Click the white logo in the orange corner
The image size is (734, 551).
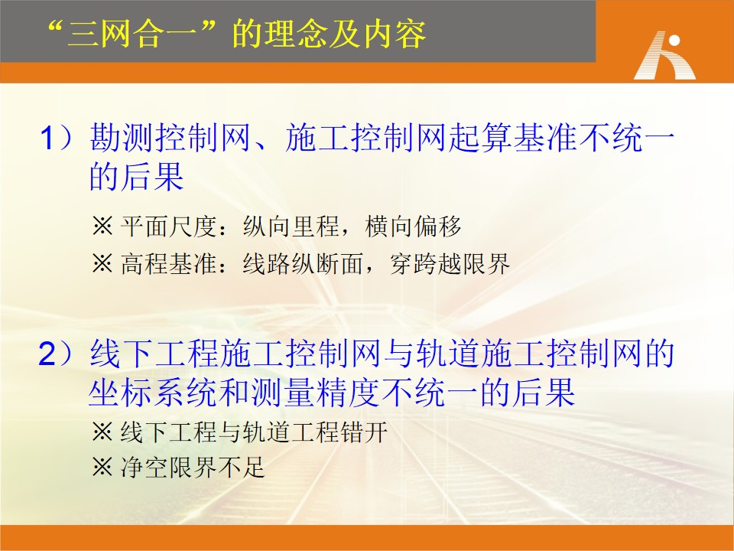(664, 55)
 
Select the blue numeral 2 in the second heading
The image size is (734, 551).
(47, 354)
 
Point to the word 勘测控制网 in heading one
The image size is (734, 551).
(170, 138)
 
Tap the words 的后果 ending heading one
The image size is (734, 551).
(136, 176)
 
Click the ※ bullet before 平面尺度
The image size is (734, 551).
(102, 227)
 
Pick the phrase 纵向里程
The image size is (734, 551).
(291, 227)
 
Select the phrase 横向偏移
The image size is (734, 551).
(414, 227)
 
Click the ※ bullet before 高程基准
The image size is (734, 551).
(102, 263)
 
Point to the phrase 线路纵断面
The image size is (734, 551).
(304, 263)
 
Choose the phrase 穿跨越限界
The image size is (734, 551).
(450, 263)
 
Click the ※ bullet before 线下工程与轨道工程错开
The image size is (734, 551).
(102, 432)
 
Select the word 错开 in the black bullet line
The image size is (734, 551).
(364, 432)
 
